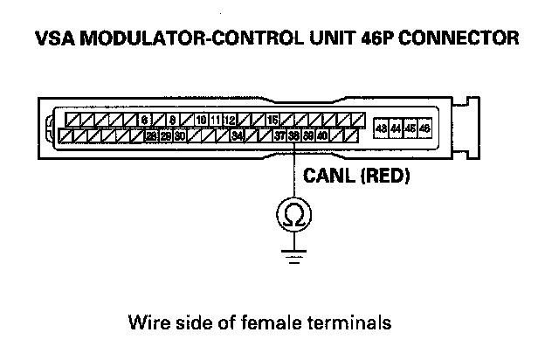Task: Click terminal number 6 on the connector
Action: (145, 119)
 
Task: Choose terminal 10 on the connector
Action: (201, 119)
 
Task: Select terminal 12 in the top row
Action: (229, 119)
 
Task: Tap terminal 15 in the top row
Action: (272, 119)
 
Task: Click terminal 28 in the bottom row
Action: (151, 135)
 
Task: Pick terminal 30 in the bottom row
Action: (179, 135)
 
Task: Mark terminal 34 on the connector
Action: (238, 135)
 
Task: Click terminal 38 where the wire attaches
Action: (294, 135)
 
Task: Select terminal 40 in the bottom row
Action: (322, 135)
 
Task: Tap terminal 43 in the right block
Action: (381, 128)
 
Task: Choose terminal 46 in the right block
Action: (424, 128)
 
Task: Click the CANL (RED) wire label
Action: (355, 176)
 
